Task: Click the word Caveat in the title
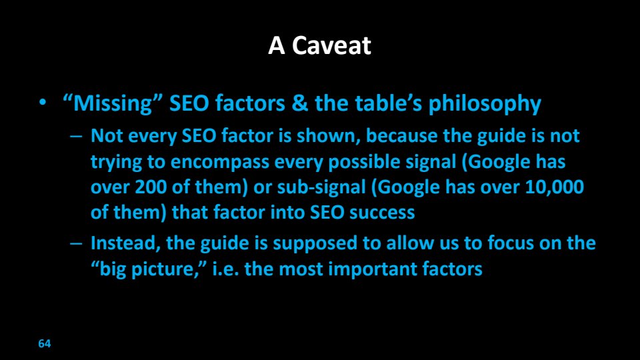click(x=331, y=45)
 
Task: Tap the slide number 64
click(x=45, y=344)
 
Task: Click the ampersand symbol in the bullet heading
click(x=299, y=103)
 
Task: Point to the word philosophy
click(x=485, y=104)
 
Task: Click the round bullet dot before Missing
click(x=43, y=103)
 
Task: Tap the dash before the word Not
click(x=76, y=136)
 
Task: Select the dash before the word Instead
click(x=76, y=244)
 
